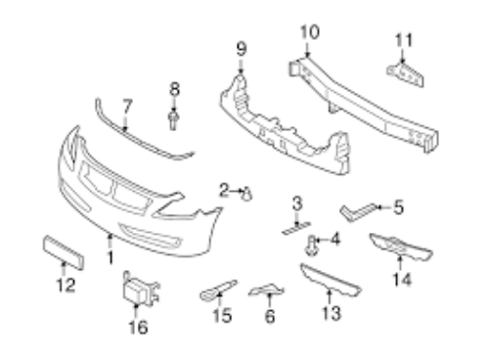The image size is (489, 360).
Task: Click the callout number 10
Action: pyautogui.click(x=310, y=33)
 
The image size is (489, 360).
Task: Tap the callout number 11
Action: pyautogui.click(x=404, y=40)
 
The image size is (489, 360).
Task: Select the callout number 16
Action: pyautogui.click(x=138, y=327)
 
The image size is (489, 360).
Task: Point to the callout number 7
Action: pyautogui.click(x=127, y=107)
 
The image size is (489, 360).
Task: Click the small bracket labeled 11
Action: pyautogui.click(x=406, y=75)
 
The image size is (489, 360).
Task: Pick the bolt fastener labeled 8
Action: pyautogui.click(x=173, y=120)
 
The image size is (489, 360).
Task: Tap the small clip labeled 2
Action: pyautogui.click(x=247, y=195)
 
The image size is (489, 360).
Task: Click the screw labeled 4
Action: pyautogui.click(x=311, y=246)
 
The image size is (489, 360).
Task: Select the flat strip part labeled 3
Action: pyautogui.click(x=296, y=228)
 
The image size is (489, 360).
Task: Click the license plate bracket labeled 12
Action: pyautogui.click(x=64, y=252)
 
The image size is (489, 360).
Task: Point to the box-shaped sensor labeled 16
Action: pyautogui.click(x=140, y=290)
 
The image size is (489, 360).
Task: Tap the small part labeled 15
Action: pyautogui.click(x=218, y=290)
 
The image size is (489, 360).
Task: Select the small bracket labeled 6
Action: pyautogui.click(x=267, y=290)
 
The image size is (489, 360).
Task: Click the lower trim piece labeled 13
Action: pyautogui.click(x=330, y=281)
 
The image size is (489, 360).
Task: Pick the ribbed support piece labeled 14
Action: pyautogui.click(x=400, y=247)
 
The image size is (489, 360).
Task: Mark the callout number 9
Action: pyautogui.click(x=241, y=50)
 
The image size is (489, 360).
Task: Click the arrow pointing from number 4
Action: pyautogui.click(x=323, y=241)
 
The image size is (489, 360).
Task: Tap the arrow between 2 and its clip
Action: pyautogui.click(x=237, y=191)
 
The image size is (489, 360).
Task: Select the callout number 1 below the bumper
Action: pyautogui.click(x=111, y=257)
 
